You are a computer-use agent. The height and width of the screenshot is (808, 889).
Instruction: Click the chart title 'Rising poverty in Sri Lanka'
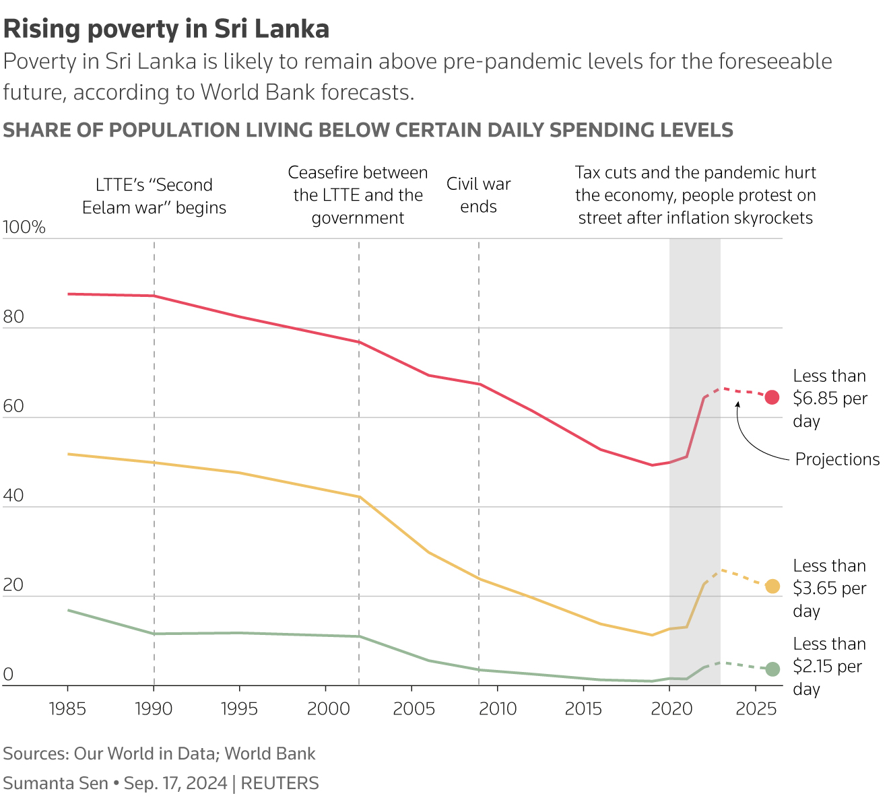166,29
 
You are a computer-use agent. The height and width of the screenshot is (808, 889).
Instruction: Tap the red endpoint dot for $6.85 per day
772,397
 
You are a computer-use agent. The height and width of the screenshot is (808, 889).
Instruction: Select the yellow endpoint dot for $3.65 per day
772,586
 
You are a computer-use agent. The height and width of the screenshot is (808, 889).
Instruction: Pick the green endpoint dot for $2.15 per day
772,669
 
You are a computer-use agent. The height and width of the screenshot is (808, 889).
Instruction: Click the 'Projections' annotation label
837,459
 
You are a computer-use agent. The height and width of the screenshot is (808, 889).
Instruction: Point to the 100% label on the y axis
24,228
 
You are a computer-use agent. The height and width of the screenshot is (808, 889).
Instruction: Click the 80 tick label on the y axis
13,317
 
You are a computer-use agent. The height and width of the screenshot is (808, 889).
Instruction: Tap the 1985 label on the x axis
67,708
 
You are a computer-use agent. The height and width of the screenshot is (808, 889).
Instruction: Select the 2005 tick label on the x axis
411,708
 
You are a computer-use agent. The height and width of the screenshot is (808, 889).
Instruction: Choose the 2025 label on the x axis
756,708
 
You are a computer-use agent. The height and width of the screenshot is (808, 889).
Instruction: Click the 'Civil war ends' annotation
478,195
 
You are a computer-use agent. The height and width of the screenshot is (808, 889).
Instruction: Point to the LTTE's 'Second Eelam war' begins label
154,196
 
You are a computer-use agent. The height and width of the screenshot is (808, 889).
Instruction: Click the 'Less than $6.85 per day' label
830,398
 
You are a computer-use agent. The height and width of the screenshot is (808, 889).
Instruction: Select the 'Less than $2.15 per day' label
829,666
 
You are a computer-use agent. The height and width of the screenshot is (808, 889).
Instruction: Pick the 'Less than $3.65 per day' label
829,588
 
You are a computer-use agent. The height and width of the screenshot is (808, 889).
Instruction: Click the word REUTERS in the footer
279,783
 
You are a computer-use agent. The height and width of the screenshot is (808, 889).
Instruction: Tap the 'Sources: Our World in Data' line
159,753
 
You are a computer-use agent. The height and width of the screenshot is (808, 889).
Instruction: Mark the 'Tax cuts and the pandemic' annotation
695,195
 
